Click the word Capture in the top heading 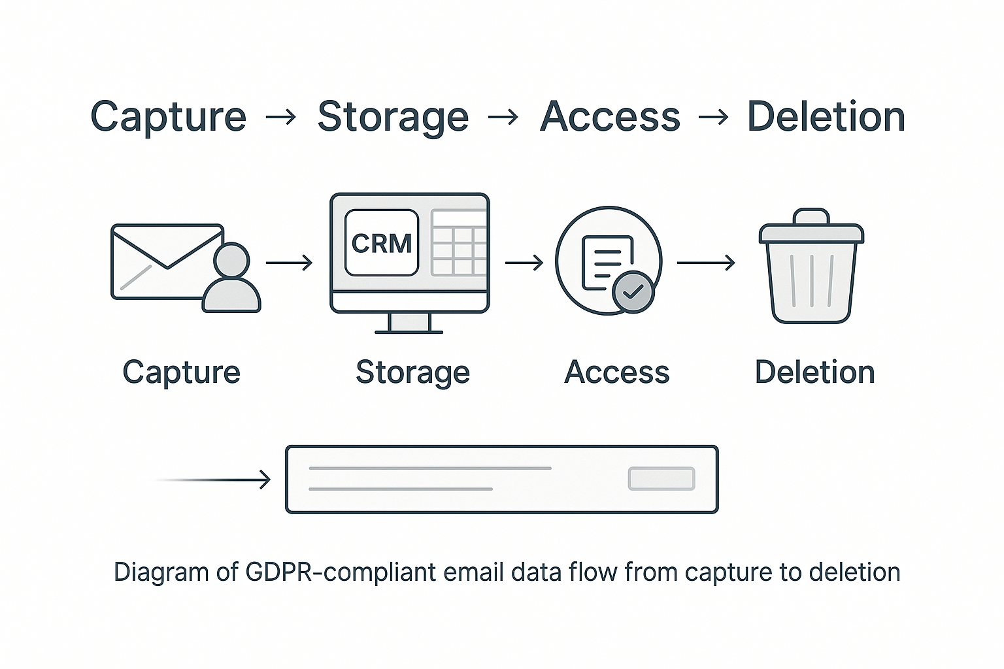click(x=168, y=118)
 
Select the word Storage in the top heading click(x=393, y=118)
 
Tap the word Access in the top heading click(x=610, y=118)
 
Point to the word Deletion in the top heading click(x=826, y=118)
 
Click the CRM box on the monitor click(x=381, y=243)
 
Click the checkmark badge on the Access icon click(x=633, y=292)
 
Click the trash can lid click(x=811, y=229)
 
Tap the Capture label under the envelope click(x=181, y=372)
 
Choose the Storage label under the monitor click(x=412, y=372)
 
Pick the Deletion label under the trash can click(x=814, y=372)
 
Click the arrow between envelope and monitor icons click(x=289, y=263)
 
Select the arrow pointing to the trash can click(x=706, y=263)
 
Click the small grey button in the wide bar click(x=661, y=479)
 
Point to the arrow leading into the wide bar click(x=216, y=480)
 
